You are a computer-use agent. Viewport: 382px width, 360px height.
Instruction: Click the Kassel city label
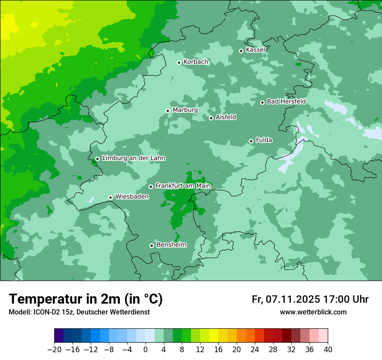pyautogui.click(x=255, y=50)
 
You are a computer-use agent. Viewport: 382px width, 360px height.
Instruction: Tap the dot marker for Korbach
pyautogui.click(x=179, y=62)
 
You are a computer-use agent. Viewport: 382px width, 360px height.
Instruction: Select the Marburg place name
pyautogui.click(x=185, y=110)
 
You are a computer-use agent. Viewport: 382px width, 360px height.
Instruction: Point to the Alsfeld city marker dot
pyautogui.click(x=211, y=118)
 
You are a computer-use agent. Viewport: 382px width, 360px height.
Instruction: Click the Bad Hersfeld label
pyautogui.click(x=286, y=101)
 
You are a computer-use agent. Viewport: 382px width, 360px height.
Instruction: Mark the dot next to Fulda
pyautogui.click(x=251, y=141)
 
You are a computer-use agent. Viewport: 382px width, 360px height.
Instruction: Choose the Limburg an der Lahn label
pyautogui.click(x=133, y=158)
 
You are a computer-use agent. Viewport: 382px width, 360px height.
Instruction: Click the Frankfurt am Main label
pyautogui.click(x=183, y=186)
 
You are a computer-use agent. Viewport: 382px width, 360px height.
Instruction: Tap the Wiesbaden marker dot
pyautogui.click(x=111, y=197)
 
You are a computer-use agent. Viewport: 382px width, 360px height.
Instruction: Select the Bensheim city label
pyautogui.click(x=171, y=245)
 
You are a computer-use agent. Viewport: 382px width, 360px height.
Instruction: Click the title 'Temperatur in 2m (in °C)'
pyautogui.click(x=86, y=299)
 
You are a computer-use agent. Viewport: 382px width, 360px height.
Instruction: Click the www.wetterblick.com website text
pyautogui.click(x=313, y=312)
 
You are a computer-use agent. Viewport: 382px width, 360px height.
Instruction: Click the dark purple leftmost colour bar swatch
pyautogui.click(x=59, y=336)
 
